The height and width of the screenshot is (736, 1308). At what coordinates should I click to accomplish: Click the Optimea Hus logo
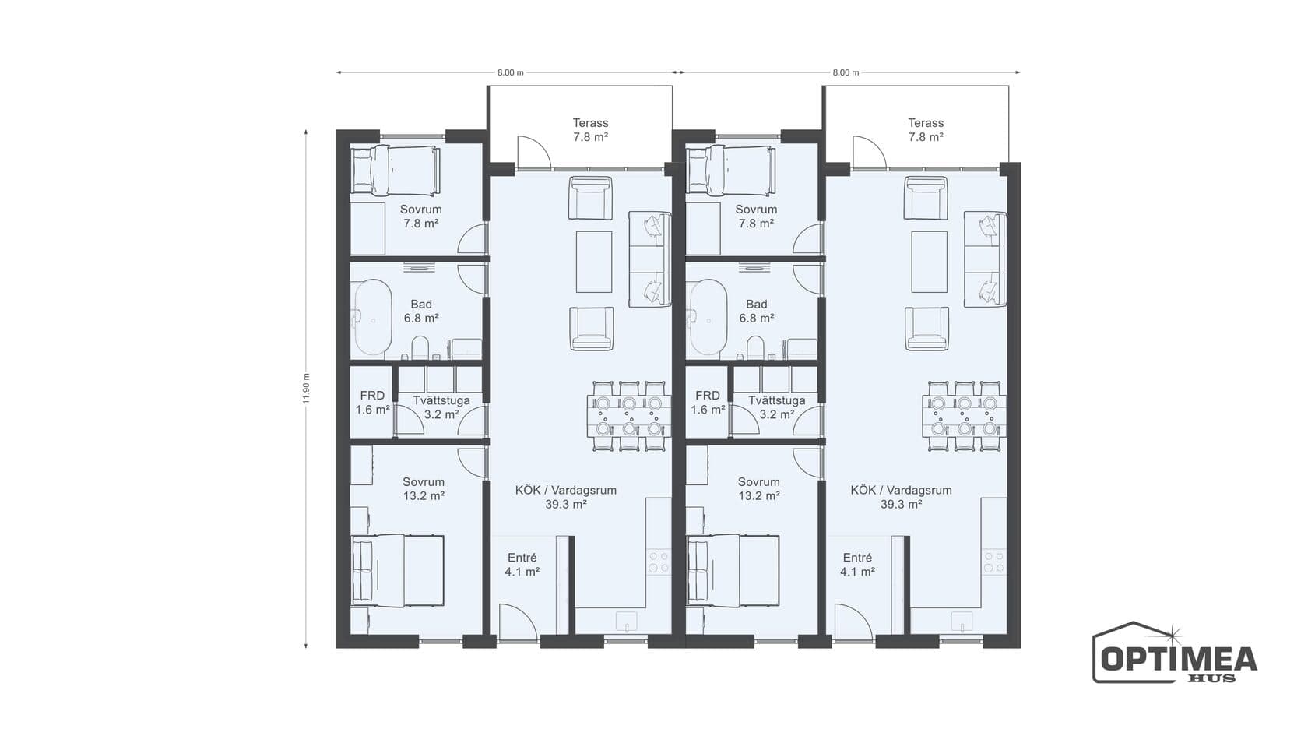(1174, 653)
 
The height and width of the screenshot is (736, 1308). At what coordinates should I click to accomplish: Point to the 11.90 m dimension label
(306, 389)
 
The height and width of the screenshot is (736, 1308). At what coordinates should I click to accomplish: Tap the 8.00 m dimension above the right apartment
(846, 72)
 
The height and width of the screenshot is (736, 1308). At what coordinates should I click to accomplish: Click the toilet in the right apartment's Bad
(755, 347)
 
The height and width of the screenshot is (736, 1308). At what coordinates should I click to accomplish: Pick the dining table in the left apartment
(629, 416)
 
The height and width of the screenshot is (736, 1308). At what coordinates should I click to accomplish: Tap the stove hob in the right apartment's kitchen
(993, 562)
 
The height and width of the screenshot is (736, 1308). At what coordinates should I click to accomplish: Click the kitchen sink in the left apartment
(627, 620)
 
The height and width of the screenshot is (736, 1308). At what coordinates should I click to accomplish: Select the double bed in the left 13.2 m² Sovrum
(398, 571)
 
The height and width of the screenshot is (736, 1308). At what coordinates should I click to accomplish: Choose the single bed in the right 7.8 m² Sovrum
(731, 170)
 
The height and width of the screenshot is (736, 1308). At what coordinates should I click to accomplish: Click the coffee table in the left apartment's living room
(594, 262)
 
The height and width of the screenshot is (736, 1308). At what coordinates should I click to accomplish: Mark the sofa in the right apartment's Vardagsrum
(985, 259)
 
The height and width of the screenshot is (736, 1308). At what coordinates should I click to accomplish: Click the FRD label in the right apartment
(708, 396)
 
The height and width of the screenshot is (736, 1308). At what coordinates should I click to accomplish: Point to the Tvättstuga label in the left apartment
(441, 400)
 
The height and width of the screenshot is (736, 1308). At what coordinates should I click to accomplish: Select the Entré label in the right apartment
(857, 558)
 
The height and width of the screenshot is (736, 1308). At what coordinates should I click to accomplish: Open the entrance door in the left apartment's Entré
(518, 623)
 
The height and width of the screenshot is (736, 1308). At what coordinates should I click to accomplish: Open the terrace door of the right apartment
(870, 152)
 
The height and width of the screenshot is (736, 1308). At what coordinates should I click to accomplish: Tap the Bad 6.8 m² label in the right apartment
(757, 311)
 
